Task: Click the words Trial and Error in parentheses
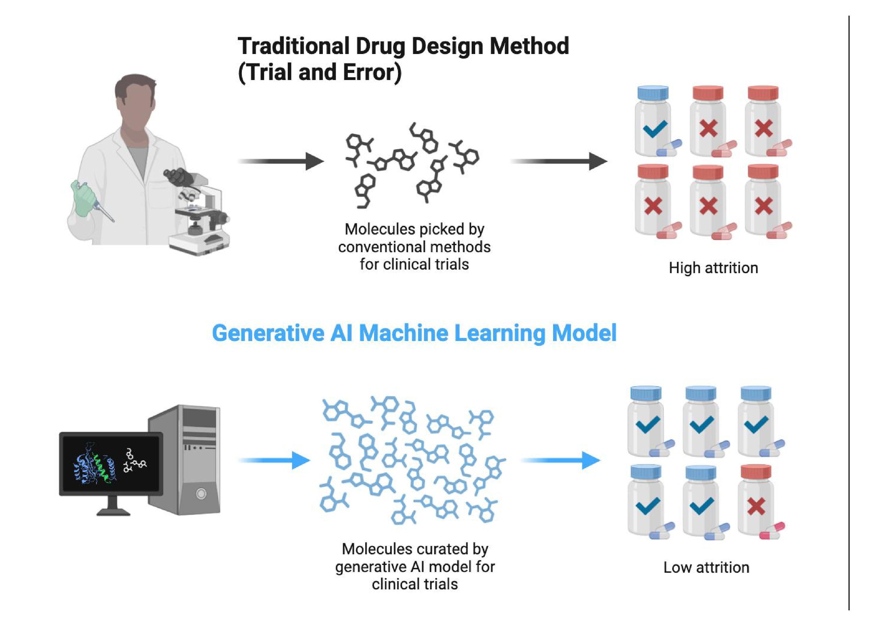pos(320,72)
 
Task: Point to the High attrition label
pos(713,268)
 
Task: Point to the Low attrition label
pos(706,567)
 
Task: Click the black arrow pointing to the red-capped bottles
pos(559,161)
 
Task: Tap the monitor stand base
pos(113,512)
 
